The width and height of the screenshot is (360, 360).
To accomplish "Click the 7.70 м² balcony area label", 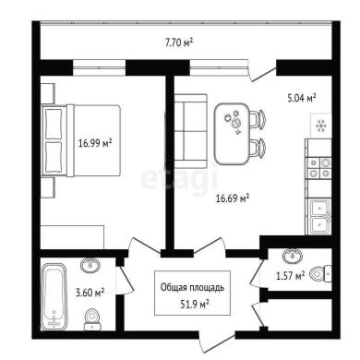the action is pos(179,42).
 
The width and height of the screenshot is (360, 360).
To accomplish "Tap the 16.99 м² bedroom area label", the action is pos(95,143).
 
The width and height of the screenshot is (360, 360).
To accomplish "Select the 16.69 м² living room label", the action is pos(233,198).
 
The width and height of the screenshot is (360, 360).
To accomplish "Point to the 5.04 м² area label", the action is pos(302,98).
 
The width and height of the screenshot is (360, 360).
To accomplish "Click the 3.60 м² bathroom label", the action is pos(90,293).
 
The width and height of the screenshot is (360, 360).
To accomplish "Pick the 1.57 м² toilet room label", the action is pos(291,276).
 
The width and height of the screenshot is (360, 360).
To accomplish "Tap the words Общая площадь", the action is pos(193,288).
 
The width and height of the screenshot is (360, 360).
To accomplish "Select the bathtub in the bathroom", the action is pos(54,296).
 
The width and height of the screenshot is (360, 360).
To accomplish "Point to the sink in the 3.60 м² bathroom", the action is pos(90,265).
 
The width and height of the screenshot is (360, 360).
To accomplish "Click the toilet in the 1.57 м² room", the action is pos(320,273).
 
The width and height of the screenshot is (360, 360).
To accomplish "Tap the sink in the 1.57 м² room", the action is pos(293,256).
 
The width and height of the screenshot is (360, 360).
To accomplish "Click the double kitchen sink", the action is pos(320,217).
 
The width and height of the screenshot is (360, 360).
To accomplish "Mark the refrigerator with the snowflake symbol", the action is pos(321,126).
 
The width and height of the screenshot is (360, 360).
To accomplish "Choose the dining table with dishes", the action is pos(232,134).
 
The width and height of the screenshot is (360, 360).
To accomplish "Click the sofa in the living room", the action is pos(190,131).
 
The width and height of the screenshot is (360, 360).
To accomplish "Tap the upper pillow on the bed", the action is pos(54,124).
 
